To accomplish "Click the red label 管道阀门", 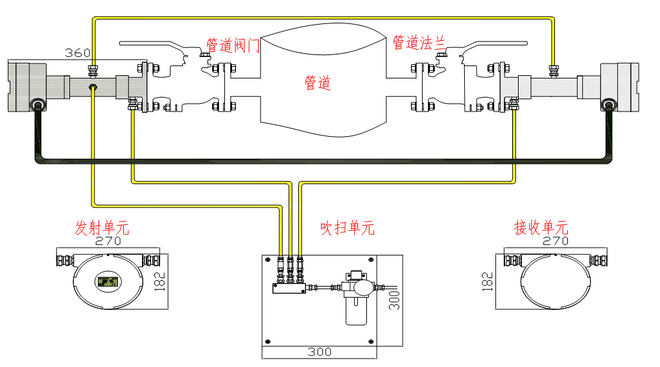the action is pos(233,45).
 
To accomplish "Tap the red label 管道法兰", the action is pos(419,43).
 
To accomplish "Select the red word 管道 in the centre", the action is pos(318,83).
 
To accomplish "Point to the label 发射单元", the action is pos(102,228).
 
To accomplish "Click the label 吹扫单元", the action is pos(348,228).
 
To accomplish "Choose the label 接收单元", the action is pos(541,228).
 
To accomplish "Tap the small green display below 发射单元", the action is pos(108,281).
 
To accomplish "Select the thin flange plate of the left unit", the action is pos(144,87).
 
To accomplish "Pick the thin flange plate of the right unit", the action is pos(504,87).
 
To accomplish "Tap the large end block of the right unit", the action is pos(619,86).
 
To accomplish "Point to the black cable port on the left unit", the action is pos(38,104).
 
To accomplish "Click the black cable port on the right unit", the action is pos(609,104).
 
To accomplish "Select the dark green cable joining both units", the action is pos(324,160).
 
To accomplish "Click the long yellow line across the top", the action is pos(324,19).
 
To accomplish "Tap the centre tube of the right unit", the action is pos(554,87).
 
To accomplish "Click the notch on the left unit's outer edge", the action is pos(10,87).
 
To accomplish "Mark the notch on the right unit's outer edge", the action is pos(637,87).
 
